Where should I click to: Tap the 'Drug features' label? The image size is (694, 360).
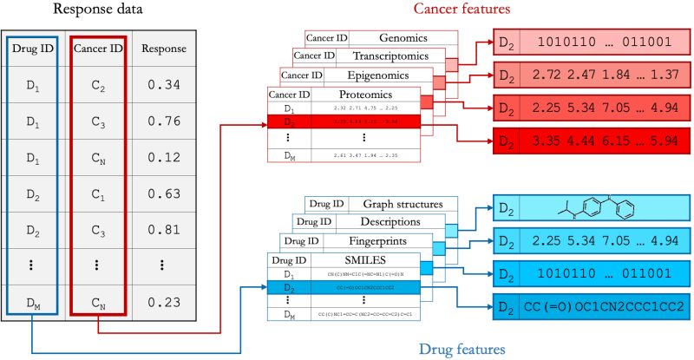[x=462, y=349]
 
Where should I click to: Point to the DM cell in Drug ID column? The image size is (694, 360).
[x=35, y=302]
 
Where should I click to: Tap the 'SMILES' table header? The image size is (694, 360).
[x=368, y=259]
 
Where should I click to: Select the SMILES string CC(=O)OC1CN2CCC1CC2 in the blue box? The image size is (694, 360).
[x=604, y=306]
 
